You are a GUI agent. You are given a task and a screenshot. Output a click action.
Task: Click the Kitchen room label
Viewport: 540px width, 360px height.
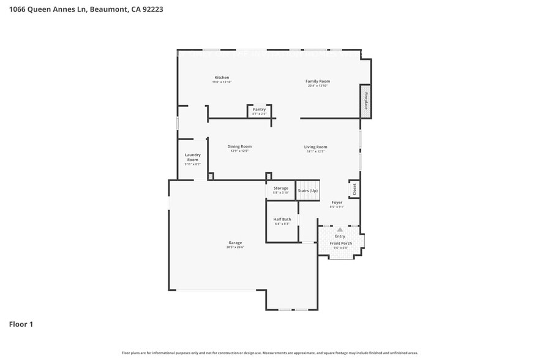(222, 78)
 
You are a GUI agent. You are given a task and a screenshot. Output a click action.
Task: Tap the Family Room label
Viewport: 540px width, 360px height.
(318, 81)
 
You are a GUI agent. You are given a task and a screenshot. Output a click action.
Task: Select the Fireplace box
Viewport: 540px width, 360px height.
(366, 100)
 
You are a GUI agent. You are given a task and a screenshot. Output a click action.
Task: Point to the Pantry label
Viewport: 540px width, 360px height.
(259, 109)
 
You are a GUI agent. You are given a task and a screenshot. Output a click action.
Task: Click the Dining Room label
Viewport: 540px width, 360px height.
(239, 146)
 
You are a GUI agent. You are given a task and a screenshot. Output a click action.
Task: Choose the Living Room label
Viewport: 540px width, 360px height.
(316, 147)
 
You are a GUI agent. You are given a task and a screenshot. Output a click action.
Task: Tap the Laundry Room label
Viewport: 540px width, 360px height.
(192, 157)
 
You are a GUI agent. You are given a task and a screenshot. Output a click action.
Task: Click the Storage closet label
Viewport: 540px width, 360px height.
(281, 188)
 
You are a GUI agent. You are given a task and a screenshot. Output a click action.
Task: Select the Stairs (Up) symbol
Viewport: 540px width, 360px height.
(308, 190)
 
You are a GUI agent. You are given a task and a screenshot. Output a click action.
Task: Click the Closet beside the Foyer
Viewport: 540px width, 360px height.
(354, 190)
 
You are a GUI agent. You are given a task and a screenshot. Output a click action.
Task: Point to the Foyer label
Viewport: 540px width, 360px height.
(337, 202)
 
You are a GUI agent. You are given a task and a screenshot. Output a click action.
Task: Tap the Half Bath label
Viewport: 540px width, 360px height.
(282, 219)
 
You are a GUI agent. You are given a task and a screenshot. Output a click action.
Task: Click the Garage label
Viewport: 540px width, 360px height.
(235, 242)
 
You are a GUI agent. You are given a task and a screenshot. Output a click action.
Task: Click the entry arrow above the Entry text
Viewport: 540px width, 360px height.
(340, 230)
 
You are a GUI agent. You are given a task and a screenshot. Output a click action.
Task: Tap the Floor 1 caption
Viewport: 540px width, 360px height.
(21, 324)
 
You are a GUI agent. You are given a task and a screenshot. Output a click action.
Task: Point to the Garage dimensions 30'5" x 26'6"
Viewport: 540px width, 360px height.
(235, 247)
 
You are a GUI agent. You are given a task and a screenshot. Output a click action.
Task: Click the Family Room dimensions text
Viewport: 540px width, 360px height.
(318, 86)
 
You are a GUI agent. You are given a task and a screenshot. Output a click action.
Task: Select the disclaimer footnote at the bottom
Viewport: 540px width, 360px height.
(269, 353)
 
